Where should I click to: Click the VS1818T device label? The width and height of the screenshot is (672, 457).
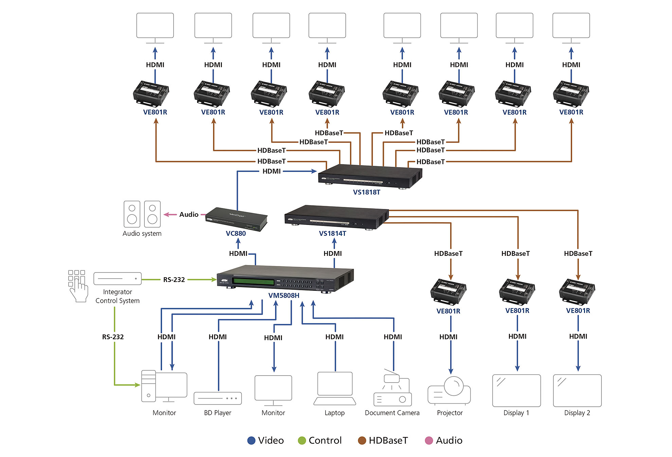pyautogui.click(x=366, y=192)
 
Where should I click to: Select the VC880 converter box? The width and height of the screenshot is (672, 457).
pyautogui.click(x=236, y=219)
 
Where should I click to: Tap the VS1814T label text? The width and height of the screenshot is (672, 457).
pyautogui.click(x=332, y=233)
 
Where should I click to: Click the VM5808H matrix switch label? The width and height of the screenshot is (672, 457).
pyautogui.click(x=284, y=295)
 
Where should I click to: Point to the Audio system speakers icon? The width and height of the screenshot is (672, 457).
pyautogui.click(x=142, y=214)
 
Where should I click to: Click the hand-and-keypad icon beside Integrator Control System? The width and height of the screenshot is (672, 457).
pyautogui.click(x=77, y=286)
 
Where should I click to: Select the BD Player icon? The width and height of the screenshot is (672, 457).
pyautogui.click(x=217, y=398)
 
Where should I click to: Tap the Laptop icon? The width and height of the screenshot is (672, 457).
pyautogui.click(x=335, y=388)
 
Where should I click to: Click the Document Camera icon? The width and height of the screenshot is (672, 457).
pyautogui.click(x=392, y=389)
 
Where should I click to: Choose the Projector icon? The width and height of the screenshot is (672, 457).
pyautogui.click(x=449, y=391)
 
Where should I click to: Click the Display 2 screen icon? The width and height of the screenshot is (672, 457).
pyautogui.click(x=577, y=390)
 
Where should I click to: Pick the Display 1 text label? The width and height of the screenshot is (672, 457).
pyautogui.click(x=516, y=413)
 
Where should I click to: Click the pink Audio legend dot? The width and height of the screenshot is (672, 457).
pyautogui.click(x=429, y=440)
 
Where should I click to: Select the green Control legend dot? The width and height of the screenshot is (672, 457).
pyautogui.click(x=302, y=440)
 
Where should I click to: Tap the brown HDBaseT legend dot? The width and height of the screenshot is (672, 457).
pyautogui.click(x=362, y=440)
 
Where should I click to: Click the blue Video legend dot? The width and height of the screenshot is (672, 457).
pyautogui.click(x=251, y=440)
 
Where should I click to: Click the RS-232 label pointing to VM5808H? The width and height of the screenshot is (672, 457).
pyautogui.click(x=174, y=280)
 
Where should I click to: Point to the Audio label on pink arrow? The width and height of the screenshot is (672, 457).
pyautogui.click(x=189, y=214)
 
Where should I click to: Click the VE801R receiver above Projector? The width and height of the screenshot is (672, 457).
pyautogui.click(x=448, y=292)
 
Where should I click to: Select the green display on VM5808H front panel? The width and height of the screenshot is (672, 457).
pyautogui.click(x=253, y=282)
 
